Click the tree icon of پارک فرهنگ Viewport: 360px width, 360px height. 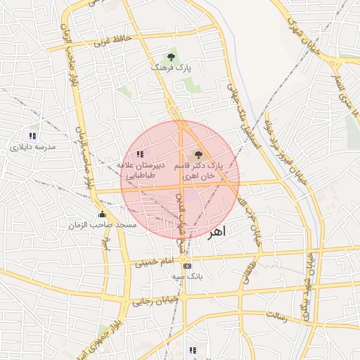pos(171,56)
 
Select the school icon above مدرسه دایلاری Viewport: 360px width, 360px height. pos(32,135)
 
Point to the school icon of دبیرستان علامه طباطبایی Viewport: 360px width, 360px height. pos(140,153)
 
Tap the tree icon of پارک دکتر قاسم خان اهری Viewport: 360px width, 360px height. pos(198,153)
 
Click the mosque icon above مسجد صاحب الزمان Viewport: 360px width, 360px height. pos(103,214)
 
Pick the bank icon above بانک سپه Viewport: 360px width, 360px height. pos(187,266)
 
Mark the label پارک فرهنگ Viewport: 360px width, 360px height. pos(171,68)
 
